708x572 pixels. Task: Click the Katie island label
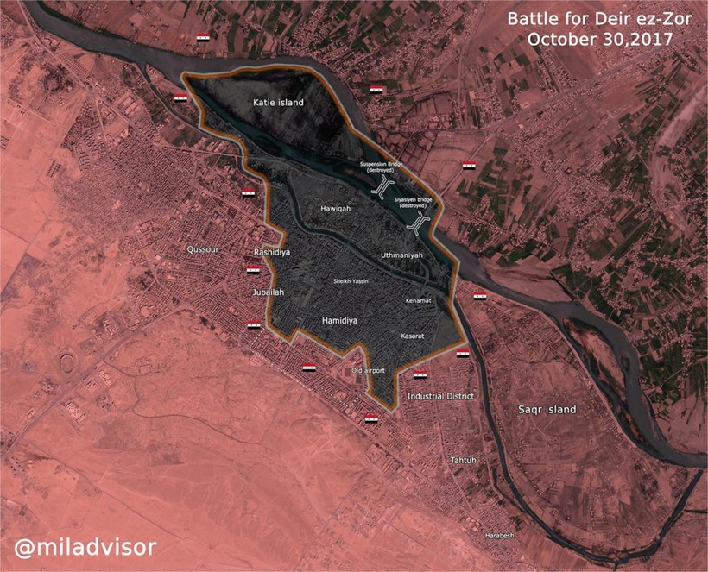point(278,103)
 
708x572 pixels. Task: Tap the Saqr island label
point(547,409)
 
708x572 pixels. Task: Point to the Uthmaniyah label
point(403,256)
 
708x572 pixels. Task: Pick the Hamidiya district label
point(338,320)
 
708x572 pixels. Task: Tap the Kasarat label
point(415,334)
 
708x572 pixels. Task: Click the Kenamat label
point(418,300)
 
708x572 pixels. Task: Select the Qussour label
point(205,249)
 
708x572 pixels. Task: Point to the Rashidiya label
point(271,252)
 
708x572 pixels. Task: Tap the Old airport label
point(370,371)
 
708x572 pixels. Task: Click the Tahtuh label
point(463,461)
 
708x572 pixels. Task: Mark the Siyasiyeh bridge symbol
point(420,223)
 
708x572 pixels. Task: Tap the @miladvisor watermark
point(85,547)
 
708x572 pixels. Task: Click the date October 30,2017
point(601,40)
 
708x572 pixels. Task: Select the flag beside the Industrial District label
point(421,374)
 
